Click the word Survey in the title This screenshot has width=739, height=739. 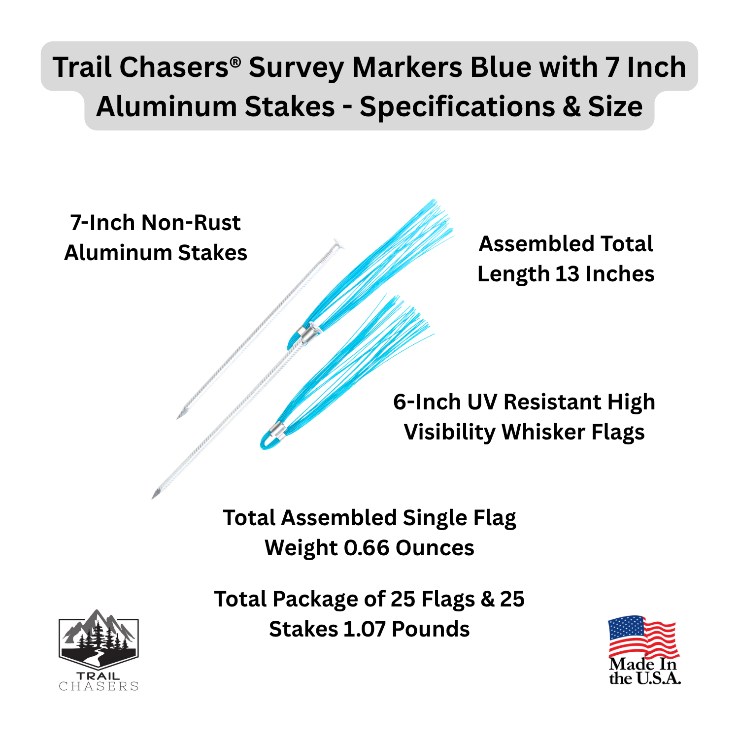[296, 67]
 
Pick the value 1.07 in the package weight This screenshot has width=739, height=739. [364, 629]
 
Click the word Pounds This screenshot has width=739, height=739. [431, 629]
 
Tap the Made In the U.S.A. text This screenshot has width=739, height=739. [644, 671]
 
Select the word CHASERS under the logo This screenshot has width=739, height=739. [99, 686]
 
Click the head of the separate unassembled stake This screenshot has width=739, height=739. [337, 243]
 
